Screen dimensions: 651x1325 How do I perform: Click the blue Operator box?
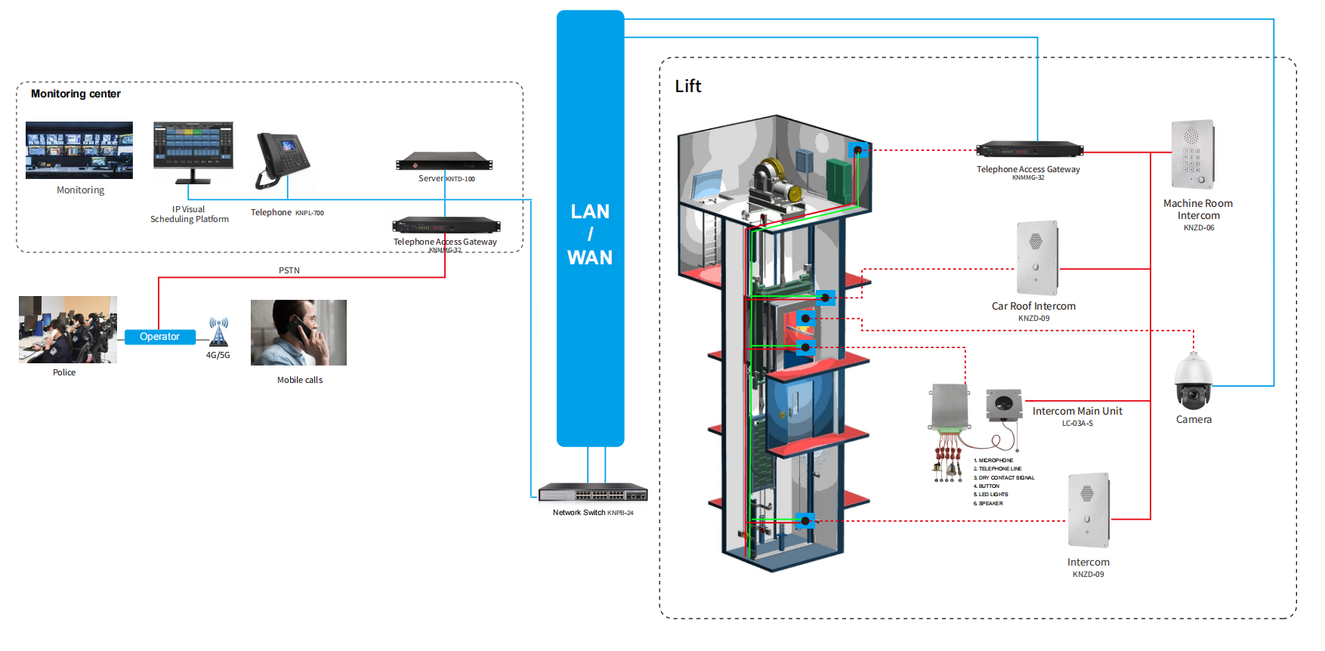(x=159, y=337)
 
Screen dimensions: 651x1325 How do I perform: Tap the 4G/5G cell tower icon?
(x=218, y=332)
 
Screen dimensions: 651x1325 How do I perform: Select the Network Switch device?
(x=593, y=492)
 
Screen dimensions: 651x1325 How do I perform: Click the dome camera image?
(x=1193, y=382)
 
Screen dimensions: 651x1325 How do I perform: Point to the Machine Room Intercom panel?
(x=1193, y=154)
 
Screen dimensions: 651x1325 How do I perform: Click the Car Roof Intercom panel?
(x=1037, y=258)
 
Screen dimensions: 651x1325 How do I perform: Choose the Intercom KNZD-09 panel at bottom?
(x=1089, y=510)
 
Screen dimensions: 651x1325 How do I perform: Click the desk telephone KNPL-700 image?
(x=281, y=160)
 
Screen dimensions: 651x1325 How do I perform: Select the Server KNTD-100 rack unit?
(x=444, y=162)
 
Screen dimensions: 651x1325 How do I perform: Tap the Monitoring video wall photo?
(x=79, y=150)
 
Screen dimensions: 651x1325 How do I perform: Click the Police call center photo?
(x=68, y=329)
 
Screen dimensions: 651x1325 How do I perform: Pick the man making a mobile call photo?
(x=298, y=333)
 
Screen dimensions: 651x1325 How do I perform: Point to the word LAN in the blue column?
(x=590, y=211)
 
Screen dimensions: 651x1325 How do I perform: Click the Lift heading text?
(x=687, y=86)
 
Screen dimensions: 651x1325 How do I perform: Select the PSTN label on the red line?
(x=289, y=270)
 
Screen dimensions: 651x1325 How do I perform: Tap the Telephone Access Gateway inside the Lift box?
(x=1029, y=149)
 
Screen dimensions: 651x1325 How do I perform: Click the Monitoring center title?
(x=76, y=94)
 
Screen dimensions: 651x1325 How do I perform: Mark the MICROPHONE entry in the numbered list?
(x=994, y=460)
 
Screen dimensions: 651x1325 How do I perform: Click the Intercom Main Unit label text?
(x=1077, y=411)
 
